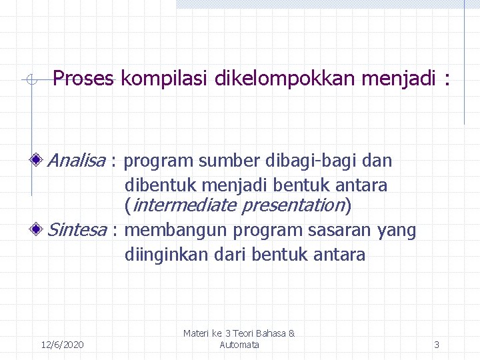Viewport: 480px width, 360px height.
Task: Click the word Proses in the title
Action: (x=83, y=79)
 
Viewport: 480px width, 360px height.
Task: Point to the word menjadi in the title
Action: (x=396, y=79)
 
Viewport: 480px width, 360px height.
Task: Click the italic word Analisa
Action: (x=77, y=161)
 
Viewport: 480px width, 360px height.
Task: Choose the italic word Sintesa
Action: (x=77, y=231)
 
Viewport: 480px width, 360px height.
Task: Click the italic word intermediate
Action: (x=183, y=205)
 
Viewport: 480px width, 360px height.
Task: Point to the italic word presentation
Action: (x=293, y=205)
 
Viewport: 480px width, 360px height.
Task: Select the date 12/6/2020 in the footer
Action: (x=62, y=345)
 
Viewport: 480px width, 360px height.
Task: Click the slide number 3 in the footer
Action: (x=437, y=345)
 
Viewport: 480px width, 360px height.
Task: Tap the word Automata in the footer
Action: (x=239, y=345)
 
